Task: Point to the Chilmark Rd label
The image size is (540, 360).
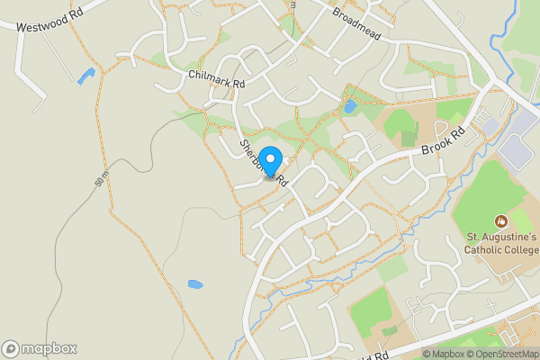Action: point(217,77)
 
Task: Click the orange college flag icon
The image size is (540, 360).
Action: point(500,220)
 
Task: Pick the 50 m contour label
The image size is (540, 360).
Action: point(101,180)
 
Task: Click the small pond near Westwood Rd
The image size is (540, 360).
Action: point(85,76)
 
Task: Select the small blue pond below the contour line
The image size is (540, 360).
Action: point(195,285)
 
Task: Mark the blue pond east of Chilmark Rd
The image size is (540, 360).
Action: point(350,107)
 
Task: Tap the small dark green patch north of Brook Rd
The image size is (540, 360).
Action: point(409,139)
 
